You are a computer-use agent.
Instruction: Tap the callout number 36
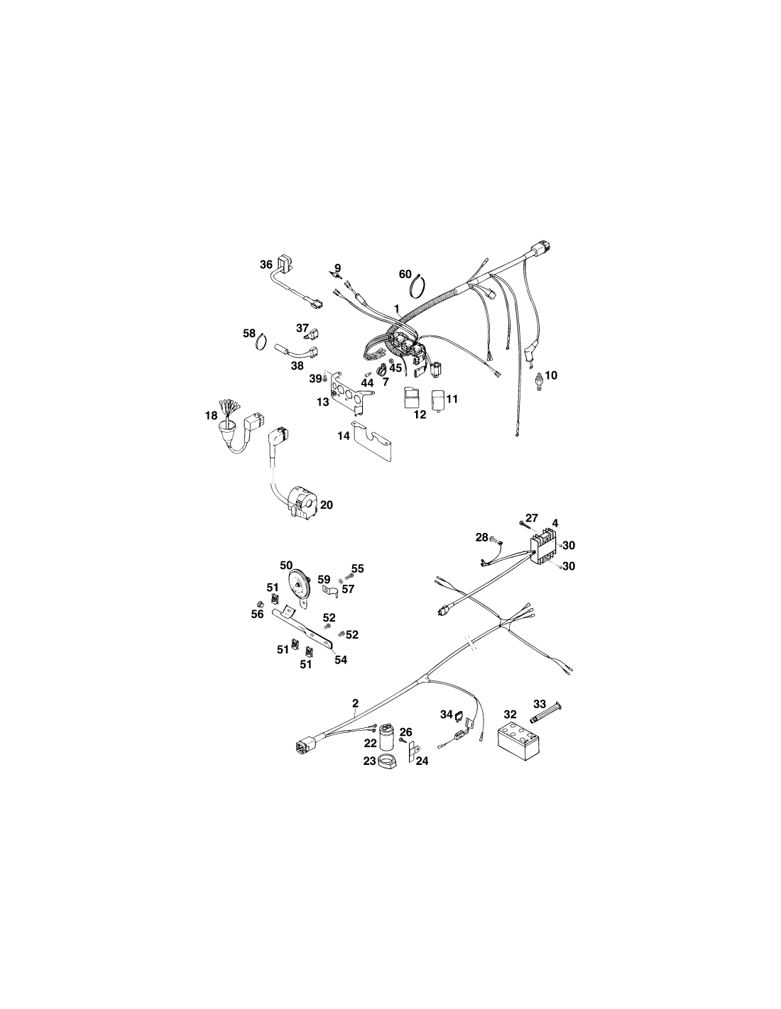tap(266, 265)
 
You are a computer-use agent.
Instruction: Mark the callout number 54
tap(341, 659)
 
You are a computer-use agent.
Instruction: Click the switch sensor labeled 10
tap(539, 380)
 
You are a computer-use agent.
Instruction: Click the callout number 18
tap(211, 415)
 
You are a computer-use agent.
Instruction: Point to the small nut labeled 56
tap(261, 603)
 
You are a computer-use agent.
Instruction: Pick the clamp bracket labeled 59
tap(330, 592)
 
